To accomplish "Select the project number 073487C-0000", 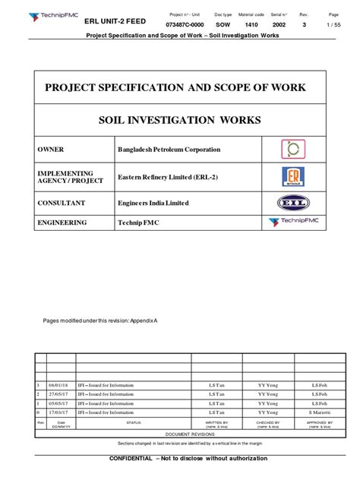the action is pos(185,26).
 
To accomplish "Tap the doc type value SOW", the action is pos(223,26).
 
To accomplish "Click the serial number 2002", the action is pos(279,26).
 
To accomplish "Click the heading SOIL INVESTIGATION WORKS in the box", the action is pos(179,121).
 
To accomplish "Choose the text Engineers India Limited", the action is pos(153,203).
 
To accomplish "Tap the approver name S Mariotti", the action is pos(319,412).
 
